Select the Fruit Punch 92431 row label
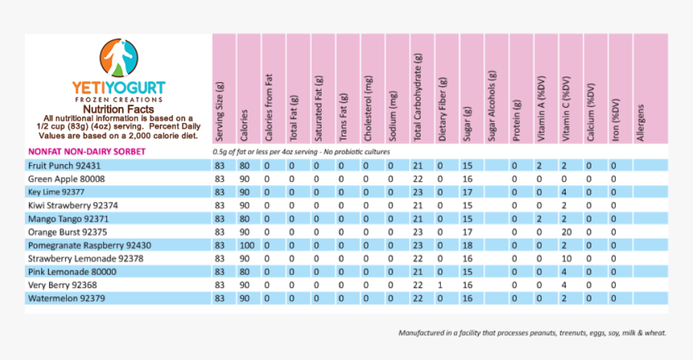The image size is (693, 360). pyautogui.click(x=64, y=165)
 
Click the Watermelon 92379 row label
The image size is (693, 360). pyautogui.click(x=64, y=298)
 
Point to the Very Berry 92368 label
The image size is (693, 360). pyautogui.click(x=63, y=284)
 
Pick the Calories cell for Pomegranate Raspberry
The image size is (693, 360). pyautogui.click(x=246, y=245)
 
